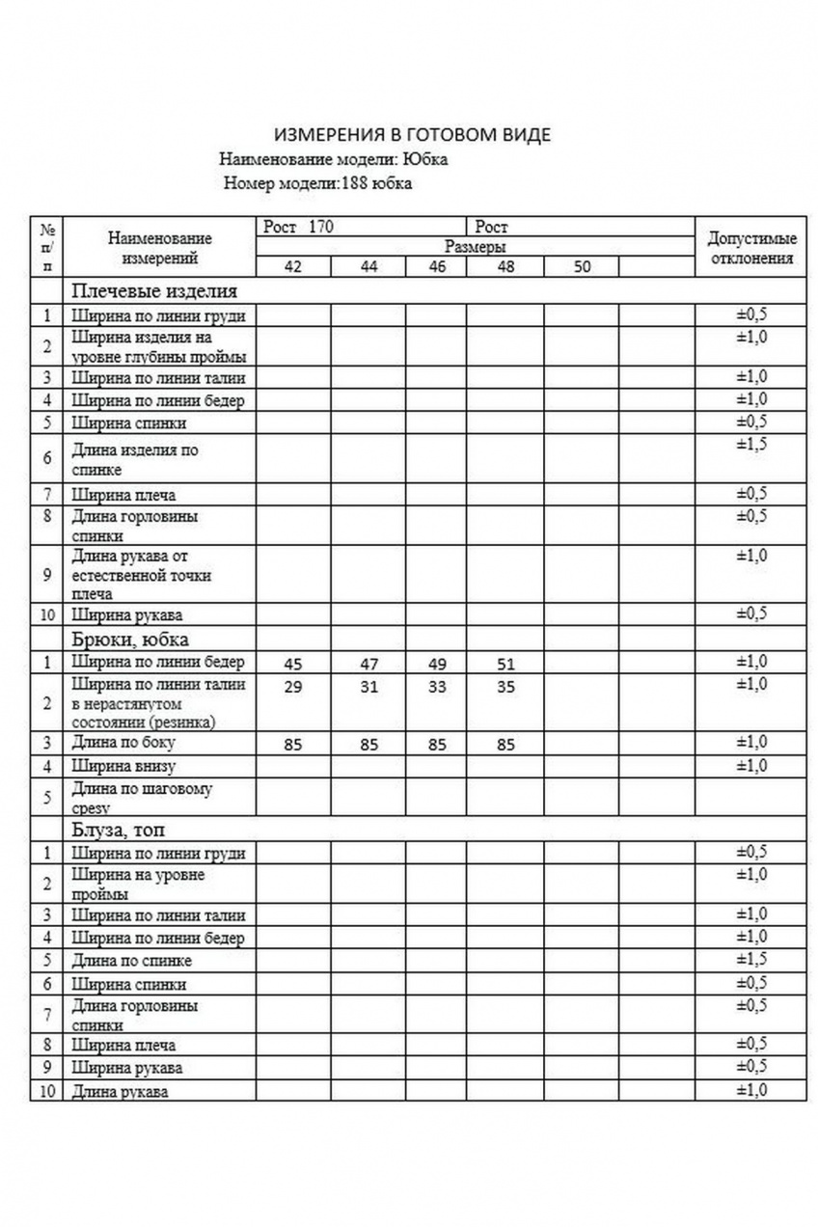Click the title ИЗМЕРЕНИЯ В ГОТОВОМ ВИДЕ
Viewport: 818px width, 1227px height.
pos(413,135)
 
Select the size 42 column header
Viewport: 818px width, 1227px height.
pos(293,267)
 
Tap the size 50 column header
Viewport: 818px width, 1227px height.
pos(581,267)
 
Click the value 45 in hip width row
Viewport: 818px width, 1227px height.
pos(293,664)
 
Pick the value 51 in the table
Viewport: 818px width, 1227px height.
pos(505,664)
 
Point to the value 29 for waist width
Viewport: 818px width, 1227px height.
pos(293,687)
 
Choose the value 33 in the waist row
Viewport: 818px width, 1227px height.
pos(437,687)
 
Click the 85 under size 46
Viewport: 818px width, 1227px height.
pos(437,745)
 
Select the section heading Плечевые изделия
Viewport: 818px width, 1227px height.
pos(153,290)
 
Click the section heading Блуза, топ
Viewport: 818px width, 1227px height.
pos(120,830)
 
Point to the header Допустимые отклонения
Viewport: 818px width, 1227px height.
pos(751,249)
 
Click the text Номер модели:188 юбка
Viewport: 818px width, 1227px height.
pos(317,183)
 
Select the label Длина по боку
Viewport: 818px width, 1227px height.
pos(123,744)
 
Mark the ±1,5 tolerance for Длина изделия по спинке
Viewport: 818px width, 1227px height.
pos(751,445)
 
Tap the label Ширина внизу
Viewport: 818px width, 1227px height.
pos(123,767)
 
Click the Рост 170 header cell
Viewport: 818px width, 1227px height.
pos(299,228)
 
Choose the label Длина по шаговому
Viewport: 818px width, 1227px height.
pos(142,789)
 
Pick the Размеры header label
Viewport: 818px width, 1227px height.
pos(476,247)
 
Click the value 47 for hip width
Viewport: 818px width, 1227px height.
pos(368,664)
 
